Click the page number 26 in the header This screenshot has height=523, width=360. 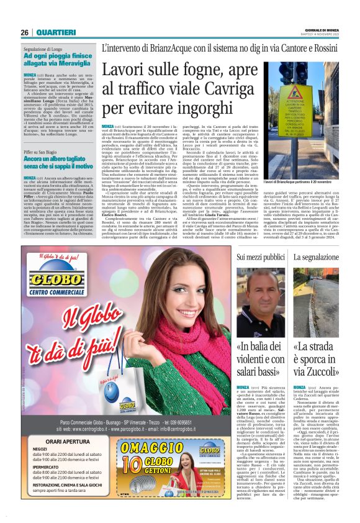click(25, 32)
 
